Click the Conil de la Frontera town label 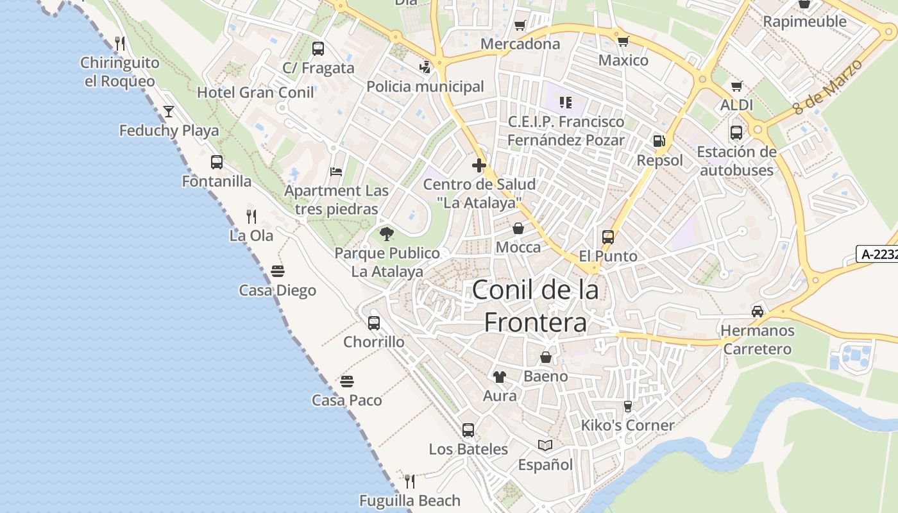535,306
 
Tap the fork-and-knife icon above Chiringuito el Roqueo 120,44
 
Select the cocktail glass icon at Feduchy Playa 169,112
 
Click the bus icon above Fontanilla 217,162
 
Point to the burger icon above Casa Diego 278,271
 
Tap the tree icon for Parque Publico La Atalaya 386,233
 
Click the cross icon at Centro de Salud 479,165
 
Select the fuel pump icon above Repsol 659,141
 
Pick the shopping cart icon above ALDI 736,86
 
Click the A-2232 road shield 877,254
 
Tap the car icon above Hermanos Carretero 758,311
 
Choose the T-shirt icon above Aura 499,376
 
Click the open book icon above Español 545,445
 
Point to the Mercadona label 520,44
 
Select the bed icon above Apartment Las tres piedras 336,171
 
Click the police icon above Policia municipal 425,67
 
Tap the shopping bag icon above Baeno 546,357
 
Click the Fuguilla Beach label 410,500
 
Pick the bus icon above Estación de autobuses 736,133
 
